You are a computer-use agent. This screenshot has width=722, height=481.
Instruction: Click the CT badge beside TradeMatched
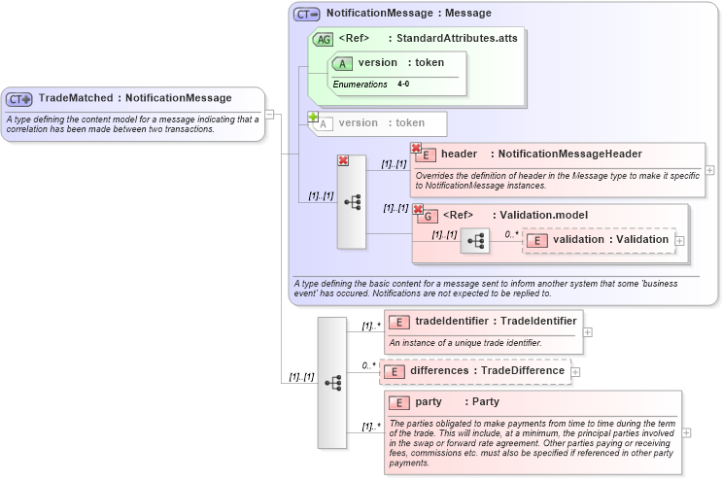tap(19, 98)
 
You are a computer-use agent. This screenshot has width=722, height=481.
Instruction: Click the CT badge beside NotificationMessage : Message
tap(307, 14)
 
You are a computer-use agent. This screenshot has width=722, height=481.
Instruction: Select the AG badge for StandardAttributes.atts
tap(322, 39)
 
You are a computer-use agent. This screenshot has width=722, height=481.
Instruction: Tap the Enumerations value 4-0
tap(403, 85)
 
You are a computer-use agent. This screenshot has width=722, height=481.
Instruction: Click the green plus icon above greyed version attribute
tap(313, 117)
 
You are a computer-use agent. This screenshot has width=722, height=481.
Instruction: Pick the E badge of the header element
tap(425, 155)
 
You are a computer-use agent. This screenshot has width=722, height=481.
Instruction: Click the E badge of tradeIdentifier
tap(398, 321)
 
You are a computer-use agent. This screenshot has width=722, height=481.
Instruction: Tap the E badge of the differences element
tap(394, 371)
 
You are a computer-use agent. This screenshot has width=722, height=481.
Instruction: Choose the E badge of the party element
tap(398, 402)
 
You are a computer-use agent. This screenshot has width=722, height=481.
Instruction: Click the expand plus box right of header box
tap(709, 170)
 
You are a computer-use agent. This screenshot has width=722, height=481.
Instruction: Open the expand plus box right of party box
tap(688, 432)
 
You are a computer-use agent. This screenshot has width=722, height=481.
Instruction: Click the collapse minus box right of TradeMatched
tap(270, 114)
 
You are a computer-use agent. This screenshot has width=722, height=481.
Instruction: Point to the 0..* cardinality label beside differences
tap(368, 366)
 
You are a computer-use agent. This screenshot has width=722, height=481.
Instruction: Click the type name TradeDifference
tap(526, 370)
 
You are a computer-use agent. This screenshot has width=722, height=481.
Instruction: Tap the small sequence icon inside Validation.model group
tap(475, 240)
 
